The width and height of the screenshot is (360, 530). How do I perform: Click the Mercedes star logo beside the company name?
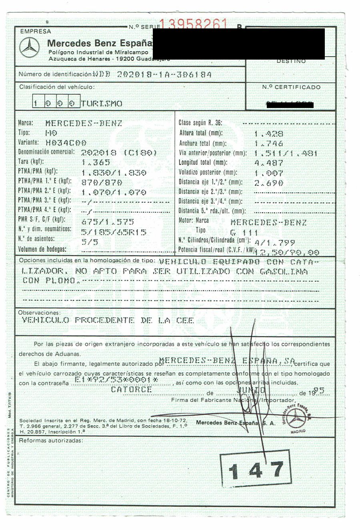point(29,48)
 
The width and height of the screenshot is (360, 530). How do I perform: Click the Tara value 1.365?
point(96,162)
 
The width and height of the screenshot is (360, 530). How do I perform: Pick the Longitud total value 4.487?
point(269,163)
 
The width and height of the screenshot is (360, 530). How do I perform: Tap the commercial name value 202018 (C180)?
point(119,152)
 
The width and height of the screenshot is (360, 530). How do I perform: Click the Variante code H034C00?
point(66,142)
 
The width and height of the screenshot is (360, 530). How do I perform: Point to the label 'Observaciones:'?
point(40,312)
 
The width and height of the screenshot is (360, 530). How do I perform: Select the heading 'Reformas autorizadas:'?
point(51,440)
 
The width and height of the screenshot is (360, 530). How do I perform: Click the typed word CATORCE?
point(132,389)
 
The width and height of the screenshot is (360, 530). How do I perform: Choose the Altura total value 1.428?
point(269,134)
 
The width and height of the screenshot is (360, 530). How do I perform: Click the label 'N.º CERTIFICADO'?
point(291,87)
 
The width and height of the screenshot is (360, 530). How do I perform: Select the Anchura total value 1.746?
point(269,143)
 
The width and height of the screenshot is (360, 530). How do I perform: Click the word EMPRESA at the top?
point(36,31)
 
